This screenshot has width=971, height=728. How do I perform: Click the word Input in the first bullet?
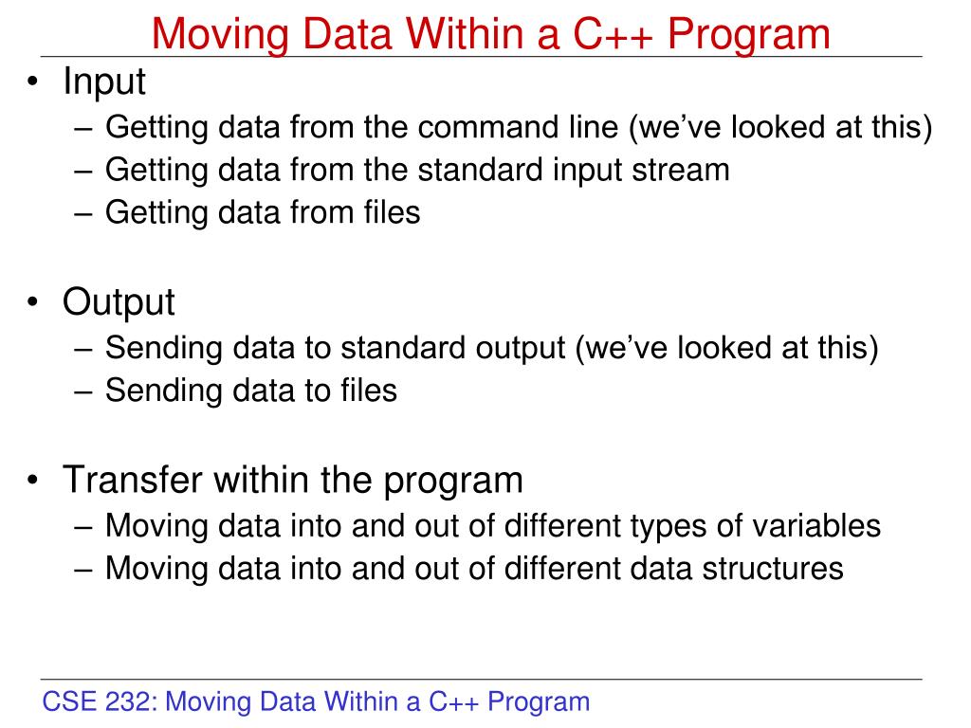pyautogui.click(x=104, y=82)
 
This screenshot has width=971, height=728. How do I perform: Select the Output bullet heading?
pyautogui.click(x=119, y=303)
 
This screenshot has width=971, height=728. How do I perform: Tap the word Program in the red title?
pyautogui.click(x=748, y=35)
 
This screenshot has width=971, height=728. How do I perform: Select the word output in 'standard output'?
pyautogui.click(x=519, y=348)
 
